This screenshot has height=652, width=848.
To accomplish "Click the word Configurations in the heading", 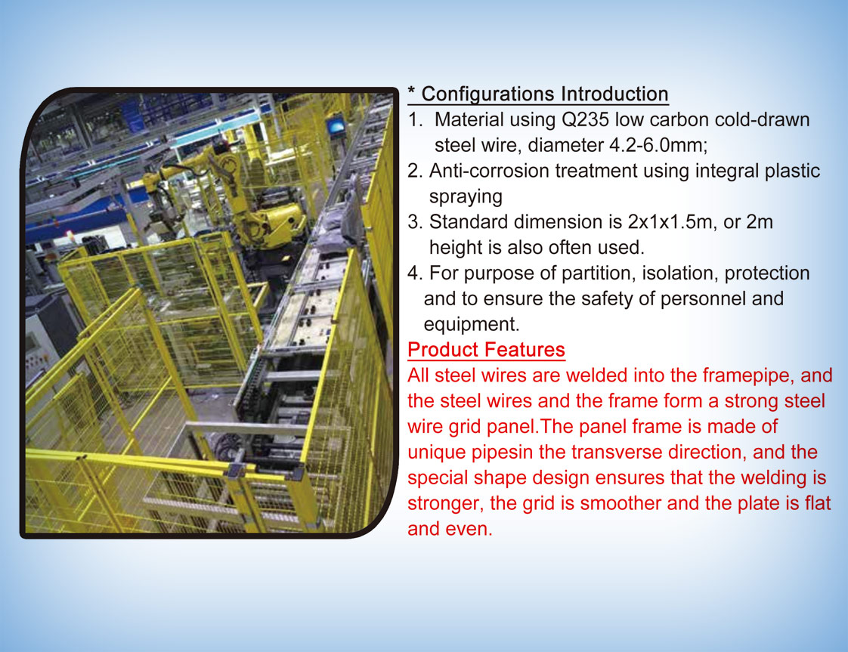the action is [488, 94].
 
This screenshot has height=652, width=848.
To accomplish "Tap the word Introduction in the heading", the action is [614, 94].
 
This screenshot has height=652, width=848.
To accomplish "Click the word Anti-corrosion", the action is [490, 171].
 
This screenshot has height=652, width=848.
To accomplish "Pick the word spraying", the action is [466, 196].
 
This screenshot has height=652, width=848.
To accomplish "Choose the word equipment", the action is [472, 324].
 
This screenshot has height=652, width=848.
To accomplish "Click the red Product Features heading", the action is [486, 350].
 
